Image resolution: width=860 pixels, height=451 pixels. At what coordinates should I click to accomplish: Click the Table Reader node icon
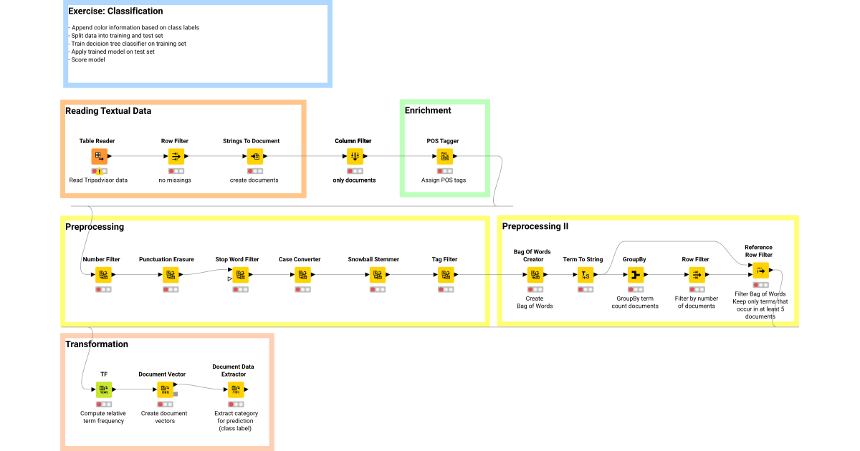coord(100,156)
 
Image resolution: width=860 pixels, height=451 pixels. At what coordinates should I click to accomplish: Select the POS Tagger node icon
coord(444,156)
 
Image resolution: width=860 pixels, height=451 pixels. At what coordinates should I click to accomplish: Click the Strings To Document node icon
coord(254,156)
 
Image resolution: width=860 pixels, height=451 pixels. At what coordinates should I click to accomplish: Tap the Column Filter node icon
coord(354,156)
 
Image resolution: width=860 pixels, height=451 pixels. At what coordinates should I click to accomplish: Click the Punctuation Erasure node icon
coord(171,274)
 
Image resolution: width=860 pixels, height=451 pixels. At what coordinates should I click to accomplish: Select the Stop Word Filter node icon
coord(241,274)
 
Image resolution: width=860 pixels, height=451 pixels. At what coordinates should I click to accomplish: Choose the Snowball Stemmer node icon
coord(377,274)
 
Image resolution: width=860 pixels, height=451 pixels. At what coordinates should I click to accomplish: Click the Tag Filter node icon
coord(444,274)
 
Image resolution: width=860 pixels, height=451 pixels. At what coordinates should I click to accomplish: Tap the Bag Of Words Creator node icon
coord(535,274)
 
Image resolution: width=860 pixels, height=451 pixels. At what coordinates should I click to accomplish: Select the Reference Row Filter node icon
coord(760,270)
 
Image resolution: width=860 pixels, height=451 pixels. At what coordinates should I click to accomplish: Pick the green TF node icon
coord(104,389)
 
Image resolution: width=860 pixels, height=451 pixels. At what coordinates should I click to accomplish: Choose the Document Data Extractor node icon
coord(236,389)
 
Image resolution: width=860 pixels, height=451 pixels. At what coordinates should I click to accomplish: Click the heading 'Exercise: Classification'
coord(115,11)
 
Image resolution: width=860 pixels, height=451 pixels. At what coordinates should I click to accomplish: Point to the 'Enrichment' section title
coord(428,110)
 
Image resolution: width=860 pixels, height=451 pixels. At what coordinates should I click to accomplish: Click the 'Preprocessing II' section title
coord(535,227)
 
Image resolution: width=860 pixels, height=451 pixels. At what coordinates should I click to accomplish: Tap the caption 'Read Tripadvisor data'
coord(99,180)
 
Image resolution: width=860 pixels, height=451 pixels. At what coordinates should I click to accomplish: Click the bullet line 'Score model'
coord(88,59)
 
